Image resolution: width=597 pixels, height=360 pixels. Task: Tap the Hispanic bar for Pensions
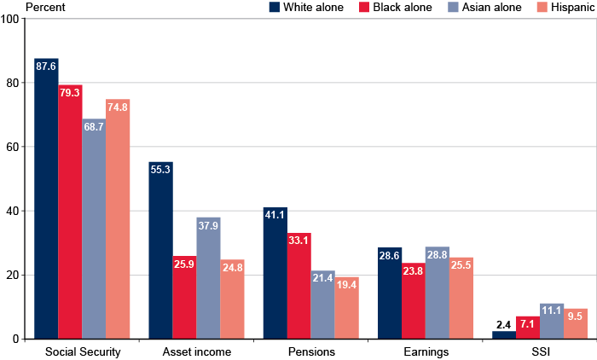pyautogui.click(x=346, y=308)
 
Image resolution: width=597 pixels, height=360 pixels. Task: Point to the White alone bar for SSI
pyautogui.click(x=504, y=335)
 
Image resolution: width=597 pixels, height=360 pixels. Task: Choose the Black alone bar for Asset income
pyautogui.click(x=185, y=298)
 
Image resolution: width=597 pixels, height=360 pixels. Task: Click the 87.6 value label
pyautogui.click(x=47, y=65)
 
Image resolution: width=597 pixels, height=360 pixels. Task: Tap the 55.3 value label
pyautogui.click(x=161, y=169)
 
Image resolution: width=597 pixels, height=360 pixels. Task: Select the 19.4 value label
pyautogui.click(x=346, y=283)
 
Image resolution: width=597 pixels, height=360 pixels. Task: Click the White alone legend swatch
pyautogui.click(x=275, y=8)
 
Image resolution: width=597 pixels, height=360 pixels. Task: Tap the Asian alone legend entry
pyautogui.click(x=483, y=8)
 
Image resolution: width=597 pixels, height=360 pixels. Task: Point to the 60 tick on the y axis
pyautogui.click(x=13, y=147)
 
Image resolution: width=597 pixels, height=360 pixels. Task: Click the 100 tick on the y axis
pyautogui.click(x=10, y=19)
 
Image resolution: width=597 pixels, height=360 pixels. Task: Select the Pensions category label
pyautogui.click(x=310, y=351)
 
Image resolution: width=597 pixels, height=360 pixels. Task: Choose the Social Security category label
pyautogui.click(x=82, y=351)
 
